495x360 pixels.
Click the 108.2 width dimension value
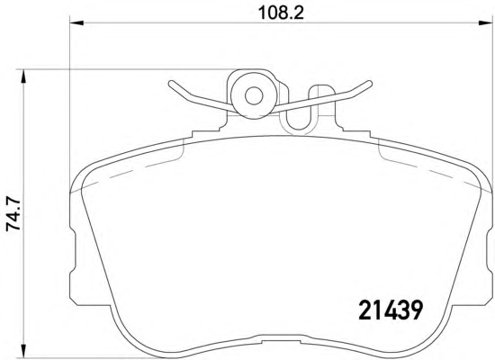coord(281,13)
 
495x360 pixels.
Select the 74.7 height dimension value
coord(13,215)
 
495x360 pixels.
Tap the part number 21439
coord(391,310)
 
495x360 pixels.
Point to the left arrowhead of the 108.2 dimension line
coord(76,22)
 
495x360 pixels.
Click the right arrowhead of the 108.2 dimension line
coord(485,22)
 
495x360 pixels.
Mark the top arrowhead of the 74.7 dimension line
coord(23,76)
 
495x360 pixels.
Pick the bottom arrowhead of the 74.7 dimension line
coord(23,351)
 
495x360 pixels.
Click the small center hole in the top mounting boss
coord(254,95)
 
